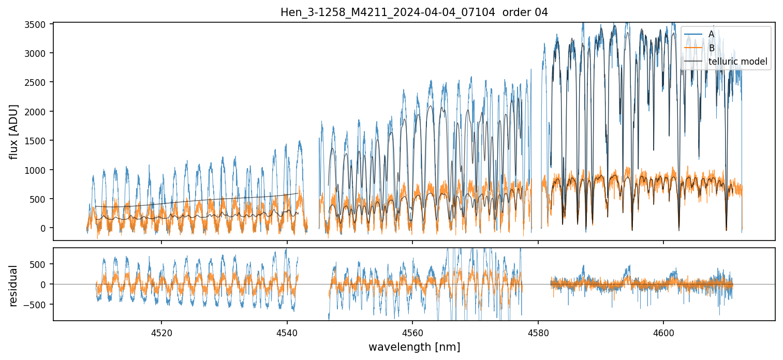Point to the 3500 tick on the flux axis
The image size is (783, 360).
click(38, 24)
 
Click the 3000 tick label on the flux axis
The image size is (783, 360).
click(38, 53)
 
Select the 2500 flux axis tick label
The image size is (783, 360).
click(38, 82)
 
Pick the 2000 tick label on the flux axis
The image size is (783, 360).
click(38, 112)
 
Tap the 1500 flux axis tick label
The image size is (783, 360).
click(38, 141)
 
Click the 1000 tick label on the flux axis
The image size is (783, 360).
click(38, 170)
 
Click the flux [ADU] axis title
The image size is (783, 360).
click(14, 131)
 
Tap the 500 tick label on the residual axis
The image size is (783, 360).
click(41, 264)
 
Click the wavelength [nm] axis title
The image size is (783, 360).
click(414, 347)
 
